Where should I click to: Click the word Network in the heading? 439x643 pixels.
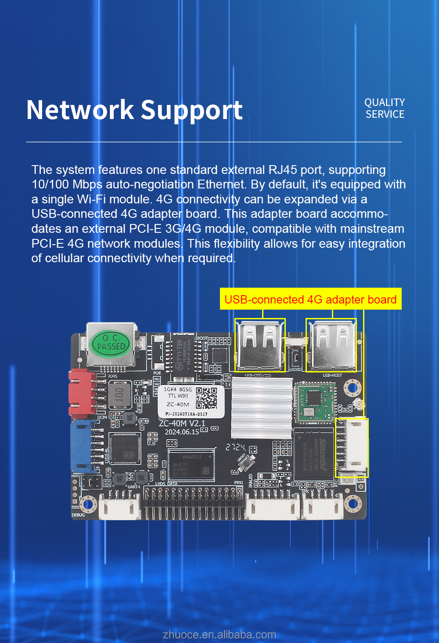pos(80,110)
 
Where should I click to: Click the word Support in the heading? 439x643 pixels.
pos(191,111)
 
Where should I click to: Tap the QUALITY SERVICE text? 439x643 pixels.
pos(385,108)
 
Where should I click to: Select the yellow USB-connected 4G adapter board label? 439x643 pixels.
pos(310,300)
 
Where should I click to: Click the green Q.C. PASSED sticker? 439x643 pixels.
pos(111,343)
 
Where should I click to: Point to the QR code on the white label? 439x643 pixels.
pos(206,398)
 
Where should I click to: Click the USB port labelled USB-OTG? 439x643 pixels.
pos(260,345)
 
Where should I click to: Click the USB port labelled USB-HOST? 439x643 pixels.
pos(331,345)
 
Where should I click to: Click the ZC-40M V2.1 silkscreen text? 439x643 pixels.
pos(182,423)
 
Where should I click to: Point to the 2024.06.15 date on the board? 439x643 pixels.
pos(182,432)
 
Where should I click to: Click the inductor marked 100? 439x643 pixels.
pos(119,394)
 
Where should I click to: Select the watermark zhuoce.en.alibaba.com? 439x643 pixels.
pos(219,635)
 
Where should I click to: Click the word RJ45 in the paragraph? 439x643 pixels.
pos(283,170)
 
